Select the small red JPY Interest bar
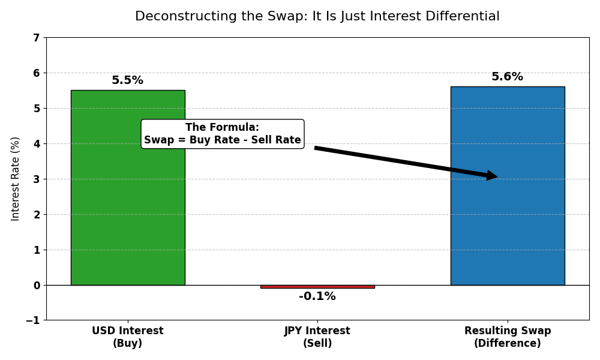tap(317, 287)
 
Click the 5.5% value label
tap(127, 80)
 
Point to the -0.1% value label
tap(317, 296)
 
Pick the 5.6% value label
tap(507, 77)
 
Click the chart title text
tap(317, 17)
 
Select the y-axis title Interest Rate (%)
tap(16, 179)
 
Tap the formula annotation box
tap(223, 134)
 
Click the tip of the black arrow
tap(496, 176)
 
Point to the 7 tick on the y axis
tap(36, 38)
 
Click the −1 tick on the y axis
tap(32, 320)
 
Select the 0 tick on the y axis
tap(36, 285)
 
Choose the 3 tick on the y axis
tap(36, 179)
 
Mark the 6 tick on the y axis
tap(36, 73)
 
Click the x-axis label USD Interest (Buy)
tap(128, 337)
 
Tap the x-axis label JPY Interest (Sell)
tap(317, 337)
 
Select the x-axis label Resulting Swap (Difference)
tap(508, 337)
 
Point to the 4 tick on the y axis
tap(36, 144)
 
